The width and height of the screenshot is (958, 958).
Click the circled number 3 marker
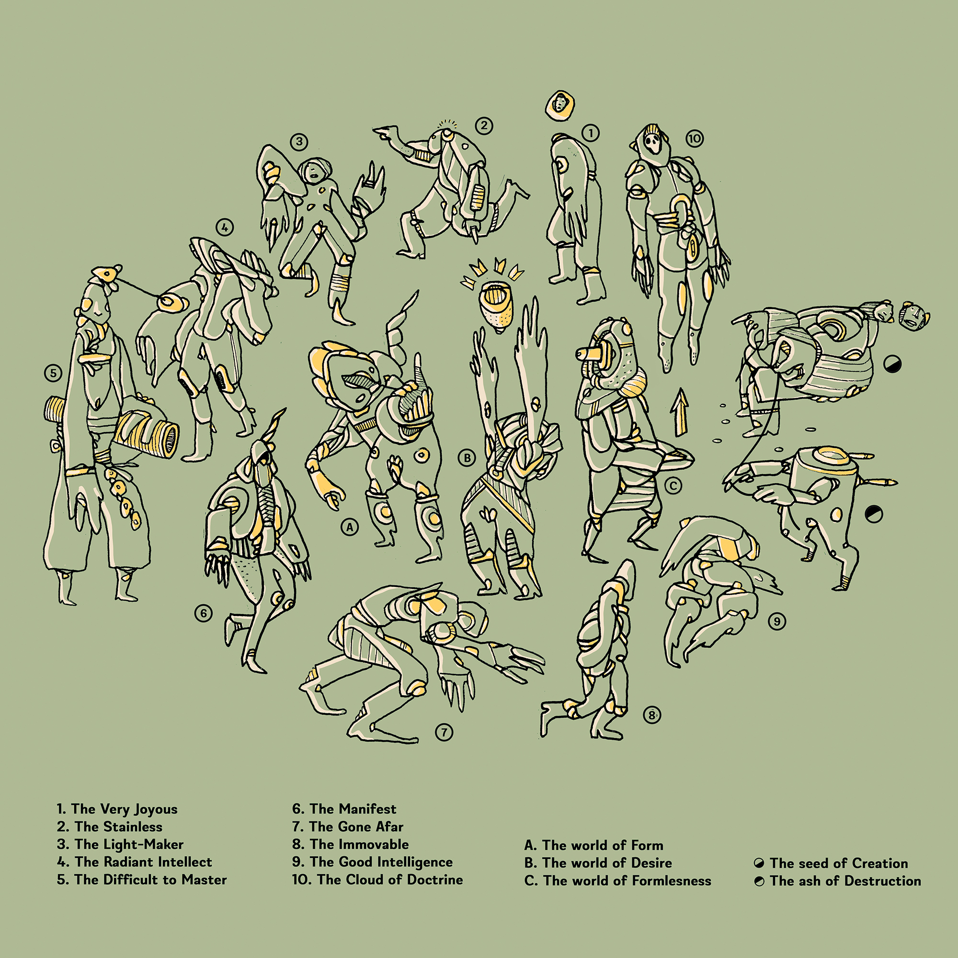coord(299,142)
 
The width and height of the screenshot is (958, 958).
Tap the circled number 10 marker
coord(695,139)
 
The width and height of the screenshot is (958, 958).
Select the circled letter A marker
coord(350,527)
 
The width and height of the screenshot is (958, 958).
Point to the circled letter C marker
coord(673,485)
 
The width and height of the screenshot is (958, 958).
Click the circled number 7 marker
coord(445,732)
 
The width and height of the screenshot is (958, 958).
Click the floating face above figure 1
coord(560,104)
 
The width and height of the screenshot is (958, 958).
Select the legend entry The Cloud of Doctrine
coord(377,880)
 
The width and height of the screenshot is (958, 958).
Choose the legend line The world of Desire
coord(598,863)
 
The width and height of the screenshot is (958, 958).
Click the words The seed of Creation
coord(839,863)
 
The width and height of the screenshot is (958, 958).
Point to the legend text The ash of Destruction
coord(845,881)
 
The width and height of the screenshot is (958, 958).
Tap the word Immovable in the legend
coord(380,844)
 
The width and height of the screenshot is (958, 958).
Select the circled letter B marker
coord(467,457)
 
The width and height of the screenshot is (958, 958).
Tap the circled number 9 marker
coord(776,621)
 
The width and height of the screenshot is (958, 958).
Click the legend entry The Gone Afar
coord(348,827)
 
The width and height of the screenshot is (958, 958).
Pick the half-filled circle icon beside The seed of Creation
coord(759,864)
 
